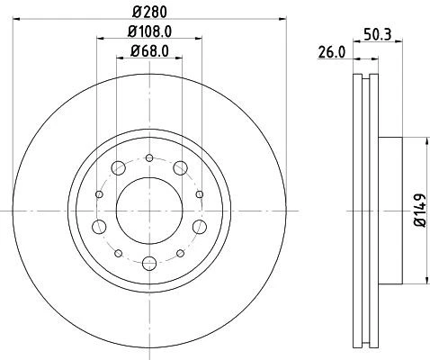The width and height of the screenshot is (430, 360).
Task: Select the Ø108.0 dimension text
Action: pyautogui.click(x=146, y=33)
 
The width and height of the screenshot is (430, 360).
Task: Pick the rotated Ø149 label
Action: pyautogui.click(x=420, y=210)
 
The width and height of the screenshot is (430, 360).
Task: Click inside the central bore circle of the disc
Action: pyautogui.click(x=148, y=209)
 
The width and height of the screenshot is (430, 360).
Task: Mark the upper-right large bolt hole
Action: pyautogui.click(x=180, y=167)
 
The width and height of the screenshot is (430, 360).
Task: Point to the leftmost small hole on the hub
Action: pyautogui.click(x=97, y=192)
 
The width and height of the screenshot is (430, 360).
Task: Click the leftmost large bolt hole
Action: pyautogui.click(x=100, y=225)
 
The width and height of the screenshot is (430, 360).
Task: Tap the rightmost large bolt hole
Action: pyautogui.click(x=195, y=225)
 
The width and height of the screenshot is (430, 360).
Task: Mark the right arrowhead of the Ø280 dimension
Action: pyautogui.click(x=280, y=16)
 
